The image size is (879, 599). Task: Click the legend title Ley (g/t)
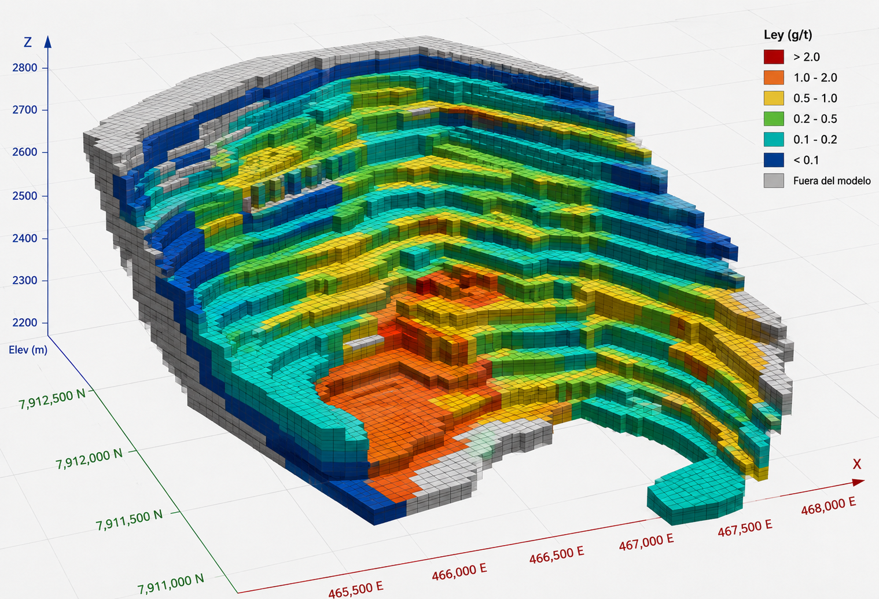(788, 35)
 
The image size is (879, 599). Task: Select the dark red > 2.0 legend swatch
(774, 57)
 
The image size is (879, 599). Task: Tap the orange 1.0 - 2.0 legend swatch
(774, 78)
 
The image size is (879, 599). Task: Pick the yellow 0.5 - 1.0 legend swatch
(774, 98)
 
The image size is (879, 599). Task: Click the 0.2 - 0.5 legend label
(815, 119)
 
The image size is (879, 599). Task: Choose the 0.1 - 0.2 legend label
(815, 139)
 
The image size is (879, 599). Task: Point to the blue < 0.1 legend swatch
(774, 160)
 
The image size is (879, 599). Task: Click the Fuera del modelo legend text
(832, 181)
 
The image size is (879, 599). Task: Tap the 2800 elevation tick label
(25, 68)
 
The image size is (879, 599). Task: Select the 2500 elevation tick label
(25, 196)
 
